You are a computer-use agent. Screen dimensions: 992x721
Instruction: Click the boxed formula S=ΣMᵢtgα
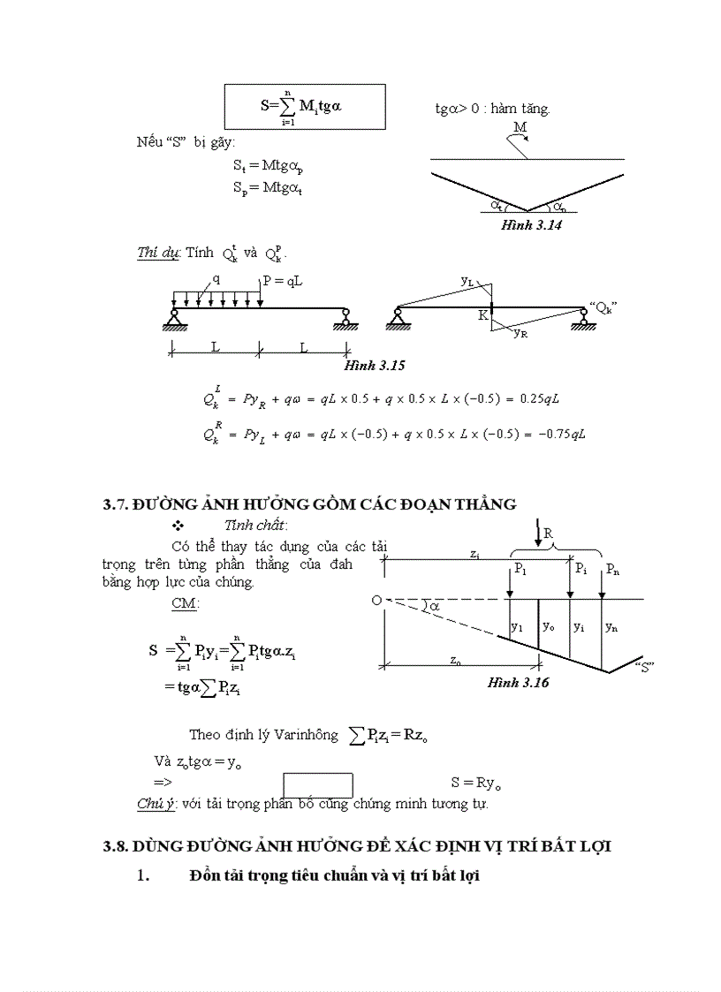click(x=305, y=107)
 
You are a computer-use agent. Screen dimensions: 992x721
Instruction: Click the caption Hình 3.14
click(x=532, y=225)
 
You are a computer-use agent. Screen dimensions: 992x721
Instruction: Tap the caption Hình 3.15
click(x=375, y=364)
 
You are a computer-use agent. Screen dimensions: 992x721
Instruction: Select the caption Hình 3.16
click(x=518, y=683)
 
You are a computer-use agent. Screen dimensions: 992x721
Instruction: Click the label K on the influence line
click(x=483, y=314)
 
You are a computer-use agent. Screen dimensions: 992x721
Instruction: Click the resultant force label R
click(x=548, y=534)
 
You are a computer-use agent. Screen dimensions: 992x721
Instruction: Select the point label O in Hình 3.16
click(x=376, y=601)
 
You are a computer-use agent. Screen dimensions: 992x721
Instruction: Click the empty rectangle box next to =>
click(x=318, y=785)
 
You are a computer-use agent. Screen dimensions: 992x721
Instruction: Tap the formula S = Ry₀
click(x=476, y=783)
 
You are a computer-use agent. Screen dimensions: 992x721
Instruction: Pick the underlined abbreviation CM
click(x=186, y=604)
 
